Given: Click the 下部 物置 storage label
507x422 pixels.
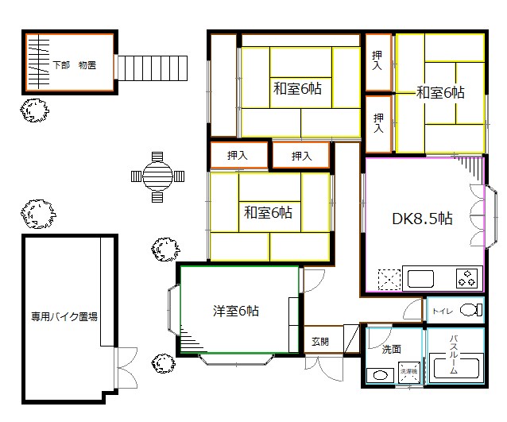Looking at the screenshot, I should tap(75, 64).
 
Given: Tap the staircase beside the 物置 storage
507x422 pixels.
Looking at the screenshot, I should tap(153, 65).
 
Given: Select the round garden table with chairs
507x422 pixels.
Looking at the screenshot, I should tap(157, 176).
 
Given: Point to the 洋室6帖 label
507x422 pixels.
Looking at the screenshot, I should tap(235, 310).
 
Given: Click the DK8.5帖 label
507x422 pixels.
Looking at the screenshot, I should tap(423, 218).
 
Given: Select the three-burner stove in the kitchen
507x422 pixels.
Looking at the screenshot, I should tap(468, 279).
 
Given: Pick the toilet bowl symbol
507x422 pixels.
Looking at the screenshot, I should tap(470, 308).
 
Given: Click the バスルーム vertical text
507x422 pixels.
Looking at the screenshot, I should tap(454, 354).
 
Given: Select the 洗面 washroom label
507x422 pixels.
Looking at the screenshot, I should tap(391, 348).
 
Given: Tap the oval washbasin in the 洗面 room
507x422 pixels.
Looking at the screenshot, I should tap(379, 375).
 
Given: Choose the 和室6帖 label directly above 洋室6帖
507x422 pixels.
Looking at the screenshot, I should tap(267, 212).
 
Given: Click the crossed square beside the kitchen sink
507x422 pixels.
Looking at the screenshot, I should tap(390, 279).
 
